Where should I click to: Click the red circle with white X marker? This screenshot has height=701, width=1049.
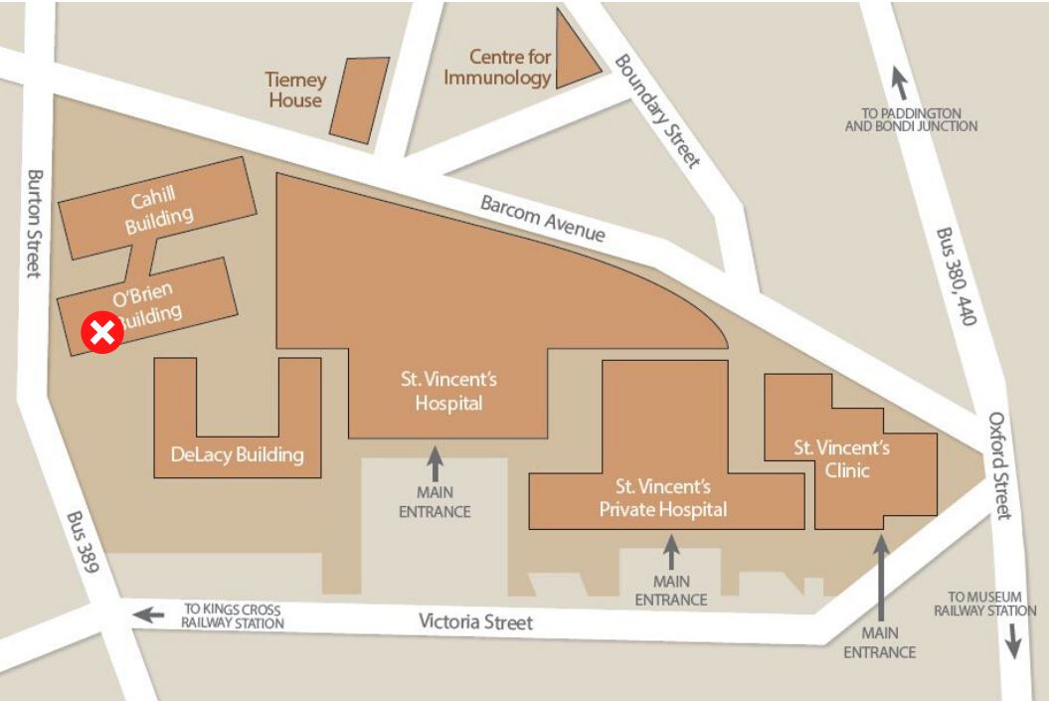(x=101, y=333)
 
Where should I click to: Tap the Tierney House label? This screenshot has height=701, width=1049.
(x=294, y=89)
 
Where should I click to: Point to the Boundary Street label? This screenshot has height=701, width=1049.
(x=658, y=110)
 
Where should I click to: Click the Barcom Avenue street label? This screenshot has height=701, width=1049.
(x=542, y=218)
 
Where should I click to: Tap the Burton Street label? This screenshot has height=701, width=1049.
(x=35, y=223)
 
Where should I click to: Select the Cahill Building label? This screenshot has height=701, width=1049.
(x=158, y=210)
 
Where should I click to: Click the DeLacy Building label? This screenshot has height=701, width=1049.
(x=237, y=455)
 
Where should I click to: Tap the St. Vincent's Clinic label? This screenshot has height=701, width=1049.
(x=841, y=458)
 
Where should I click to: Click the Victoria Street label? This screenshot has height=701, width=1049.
(x=475, y=622)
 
